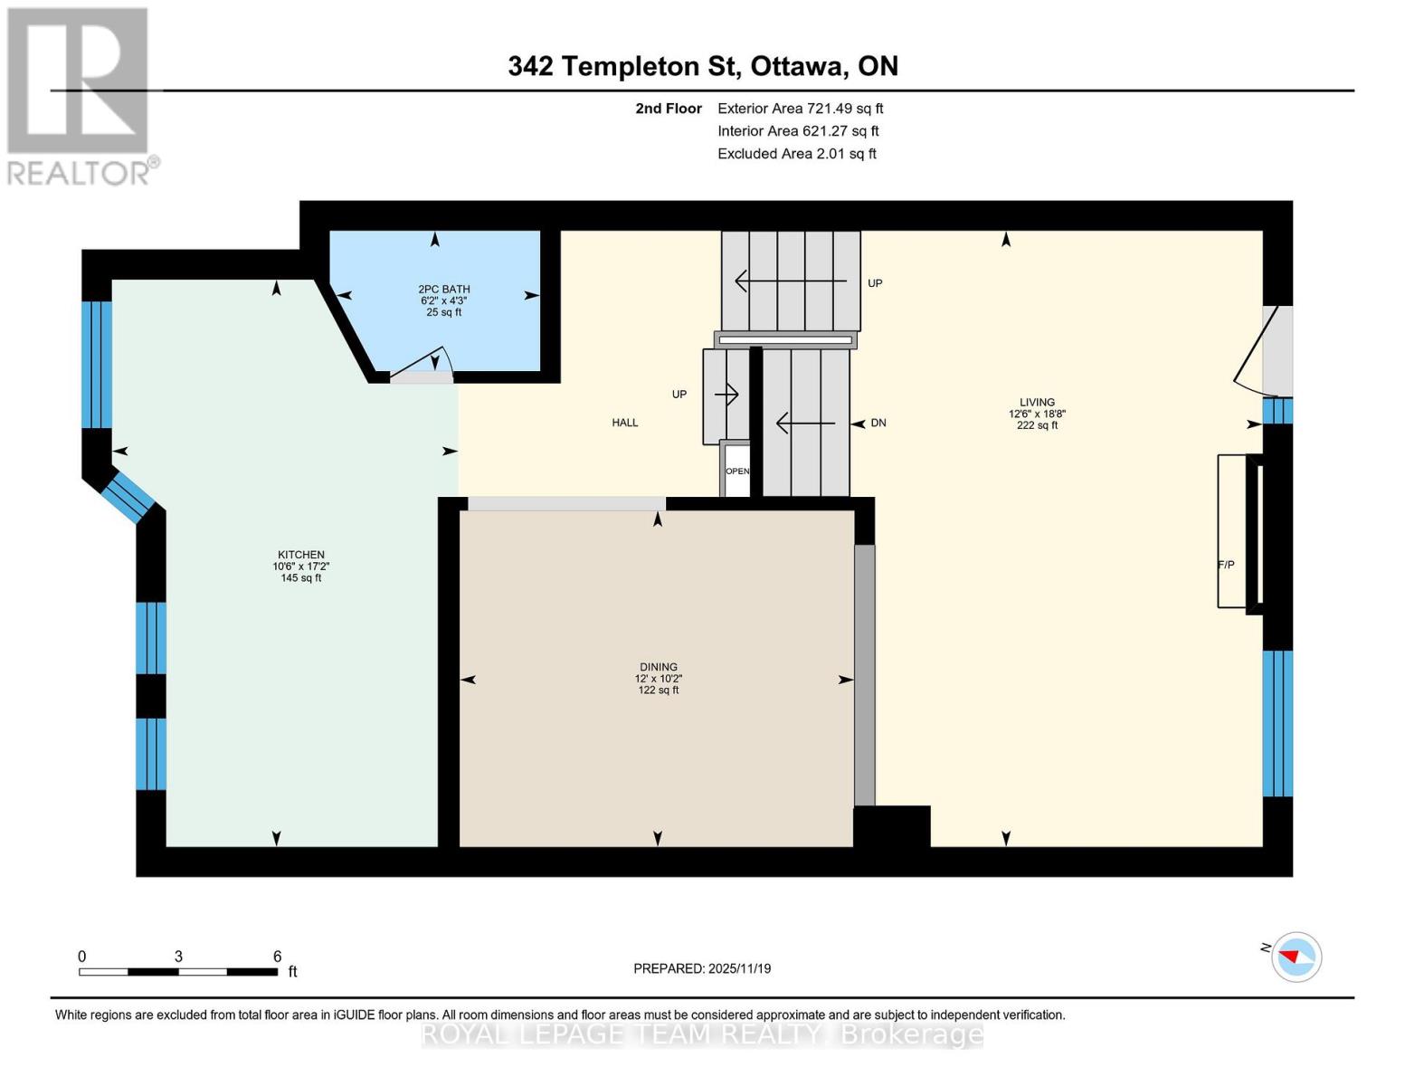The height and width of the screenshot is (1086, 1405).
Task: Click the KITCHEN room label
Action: coord(301,555)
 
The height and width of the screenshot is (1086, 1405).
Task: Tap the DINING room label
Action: coord(658,667)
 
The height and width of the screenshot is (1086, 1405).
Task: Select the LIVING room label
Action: coord(1037,403)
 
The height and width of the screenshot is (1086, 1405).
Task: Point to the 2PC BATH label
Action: coord(443,290)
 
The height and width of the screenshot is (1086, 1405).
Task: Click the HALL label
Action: coord(624,423)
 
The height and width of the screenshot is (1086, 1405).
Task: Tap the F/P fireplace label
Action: coord(1226,565)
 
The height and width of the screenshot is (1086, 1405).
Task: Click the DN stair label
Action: coord(878,423)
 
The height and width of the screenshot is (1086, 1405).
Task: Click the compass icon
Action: coord(1296,957)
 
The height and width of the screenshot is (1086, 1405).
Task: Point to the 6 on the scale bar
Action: coord(277,957)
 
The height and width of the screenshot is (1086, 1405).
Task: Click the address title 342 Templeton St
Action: coord(703,66)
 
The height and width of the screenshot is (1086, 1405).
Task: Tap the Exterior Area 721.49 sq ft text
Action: coord(800,109)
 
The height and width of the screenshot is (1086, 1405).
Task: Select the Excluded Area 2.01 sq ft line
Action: coord(796,154)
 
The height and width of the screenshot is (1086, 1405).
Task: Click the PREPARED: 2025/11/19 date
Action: coord(702,968)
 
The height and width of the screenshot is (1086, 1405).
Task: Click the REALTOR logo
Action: coord(80,95)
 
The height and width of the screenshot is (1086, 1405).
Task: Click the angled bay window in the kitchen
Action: coord(128,497)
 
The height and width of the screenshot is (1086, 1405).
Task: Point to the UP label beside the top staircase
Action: coord(875,283)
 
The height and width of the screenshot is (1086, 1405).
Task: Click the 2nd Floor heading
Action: coord(669,109)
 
